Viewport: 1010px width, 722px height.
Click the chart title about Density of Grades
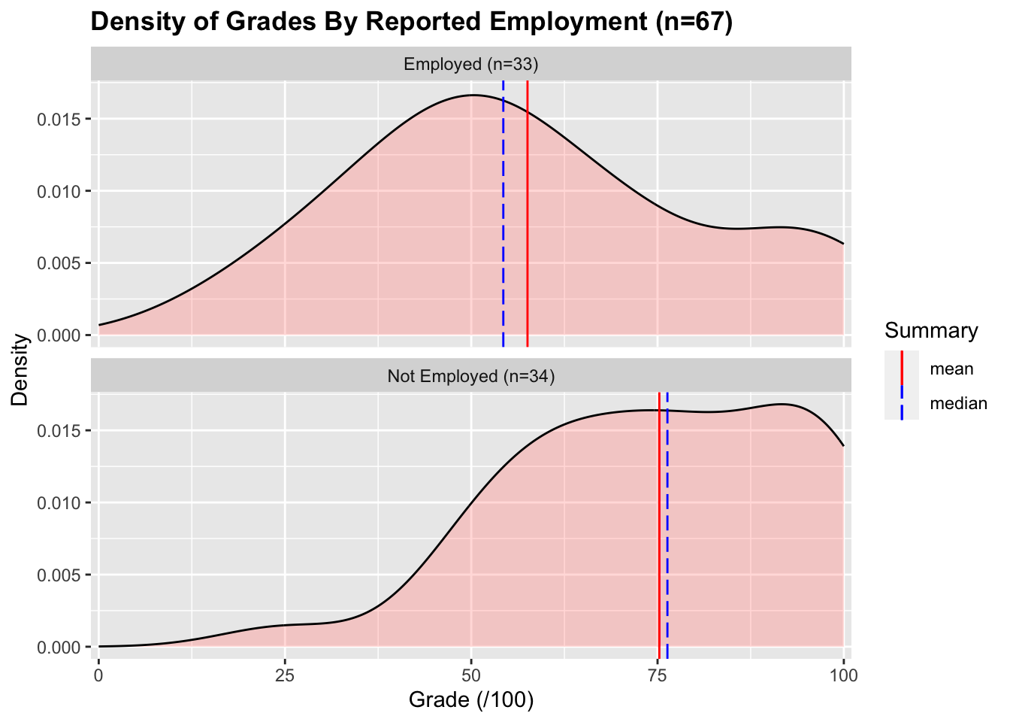[x=411, y=22]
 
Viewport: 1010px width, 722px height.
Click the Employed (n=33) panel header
[x=471, y=64]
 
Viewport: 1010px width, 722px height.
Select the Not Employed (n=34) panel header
[x=471, y=376]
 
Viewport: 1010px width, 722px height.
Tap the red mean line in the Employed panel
[x=528, y=226]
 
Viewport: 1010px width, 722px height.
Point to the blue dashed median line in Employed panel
[x=503, y=226]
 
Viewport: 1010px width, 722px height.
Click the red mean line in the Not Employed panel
[x=658, y=526]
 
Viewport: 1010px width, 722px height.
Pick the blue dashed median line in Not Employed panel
[x=667, y=526]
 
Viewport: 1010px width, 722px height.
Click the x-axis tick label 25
[x=285, y=675]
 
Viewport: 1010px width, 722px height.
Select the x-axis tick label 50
[x=471, y=675]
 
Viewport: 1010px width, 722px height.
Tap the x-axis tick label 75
[x=658, y=675]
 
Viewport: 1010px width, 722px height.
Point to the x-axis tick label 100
[x=843, y=675]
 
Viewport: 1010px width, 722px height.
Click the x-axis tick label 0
[x=98, y=675]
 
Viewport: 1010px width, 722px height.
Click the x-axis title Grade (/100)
[x=471, y=701]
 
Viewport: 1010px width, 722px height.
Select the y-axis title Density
[x=20, y=369]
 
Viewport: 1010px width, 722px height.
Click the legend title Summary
[x=931, y=331]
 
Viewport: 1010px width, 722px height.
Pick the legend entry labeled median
[x=958, y=404]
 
